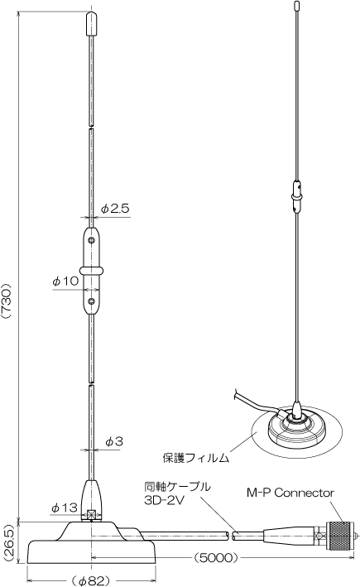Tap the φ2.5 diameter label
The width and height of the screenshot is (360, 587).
[x=115, y=208]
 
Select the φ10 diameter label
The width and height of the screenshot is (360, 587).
[x=65, y=281]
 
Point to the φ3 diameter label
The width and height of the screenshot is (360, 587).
[x=113, y=442]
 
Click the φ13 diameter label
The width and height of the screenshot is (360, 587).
[x=65, y=508]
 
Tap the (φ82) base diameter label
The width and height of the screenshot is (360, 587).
[x=91, y=580]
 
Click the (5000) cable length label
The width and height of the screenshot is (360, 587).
[x=216, y=558]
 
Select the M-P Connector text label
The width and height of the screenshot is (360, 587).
[x=290, y=493]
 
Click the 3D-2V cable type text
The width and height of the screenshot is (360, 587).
[x=165, y=500]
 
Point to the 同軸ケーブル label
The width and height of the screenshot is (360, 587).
[x=177, y=487]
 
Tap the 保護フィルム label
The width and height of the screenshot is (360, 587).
[x=195, y=458]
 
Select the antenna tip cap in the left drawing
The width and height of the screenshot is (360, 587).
[x=91, y=24]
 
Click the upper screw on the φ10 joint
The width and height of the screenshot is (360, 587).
[x=91, y=239]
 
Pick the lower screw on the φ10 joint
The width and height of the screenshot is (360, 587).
[x=91, y=301]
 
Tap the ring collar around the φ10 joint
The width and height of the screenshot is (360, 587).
[x=91, y=270]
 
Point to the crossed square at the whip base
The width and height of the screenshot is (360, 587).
[x=91, y=514]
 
